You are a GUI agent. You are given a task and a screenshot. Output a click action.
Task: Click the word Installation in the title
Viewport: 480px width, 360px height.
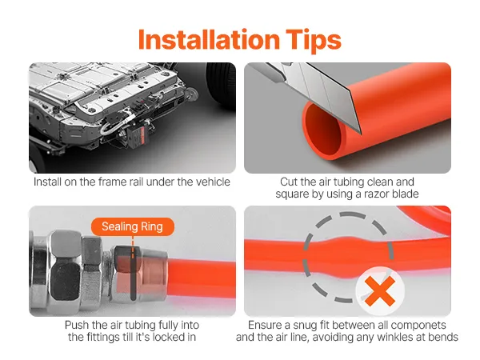(209, 40)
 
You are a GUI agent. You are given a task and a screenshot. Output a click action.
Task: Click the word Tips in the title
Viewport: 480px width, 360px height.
(314, 42)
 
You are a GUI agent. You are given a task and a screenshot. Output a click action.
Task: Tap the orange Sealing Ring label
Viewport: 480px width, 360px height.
(133, 226)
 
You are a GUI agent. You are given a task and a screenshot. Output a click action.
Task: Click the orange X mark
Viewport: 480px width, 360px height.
(380, 291)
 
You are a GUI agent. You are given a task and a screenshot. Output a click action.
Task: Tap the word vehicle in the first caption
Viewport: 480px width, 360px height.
(213, 182)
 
